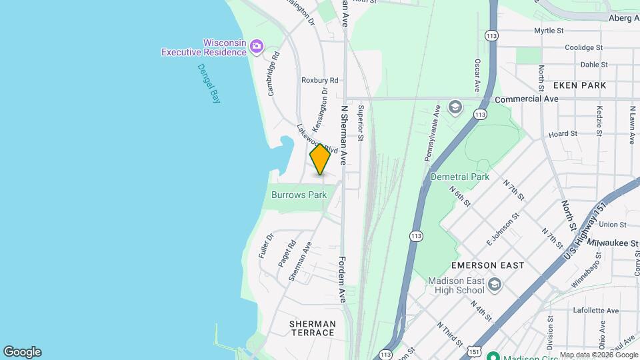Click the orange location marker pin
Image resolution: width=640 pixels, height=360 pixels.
click(320, 160)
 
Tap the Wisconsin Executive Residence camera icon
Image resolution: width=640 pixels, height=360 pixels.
click(257, 47)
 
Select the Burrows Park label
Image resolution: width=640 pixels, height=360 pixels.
click(299, 195)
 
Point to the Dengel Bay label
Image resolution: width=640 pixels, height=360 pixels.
click(212, 83)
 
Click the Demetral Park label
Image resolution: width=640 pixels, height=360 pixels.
click(460, 177)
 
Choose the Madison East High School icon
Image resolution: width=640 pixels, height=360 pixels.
click(494, 285)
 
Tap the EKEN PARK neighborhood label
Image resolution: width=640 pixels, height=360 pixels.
click(579, 85)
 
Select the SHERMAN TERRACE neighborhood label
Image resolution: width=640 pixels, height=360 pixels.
click(312, 327)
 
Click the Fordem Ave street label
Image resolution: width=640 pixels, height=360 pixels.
click(342, 279)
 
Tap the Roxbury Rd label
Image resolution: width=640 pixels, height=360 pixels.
click(320, 80)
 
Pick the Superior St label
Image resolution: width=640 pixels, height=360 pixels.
click(361, 123)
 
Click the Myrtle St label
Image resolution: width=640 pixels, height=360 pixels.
click(549, 31)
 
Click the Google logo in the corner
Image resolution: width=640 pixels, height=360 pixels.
click(22, 352)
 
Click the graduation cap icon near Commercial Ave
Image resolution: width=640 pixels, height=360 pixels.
click(455, 107)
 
